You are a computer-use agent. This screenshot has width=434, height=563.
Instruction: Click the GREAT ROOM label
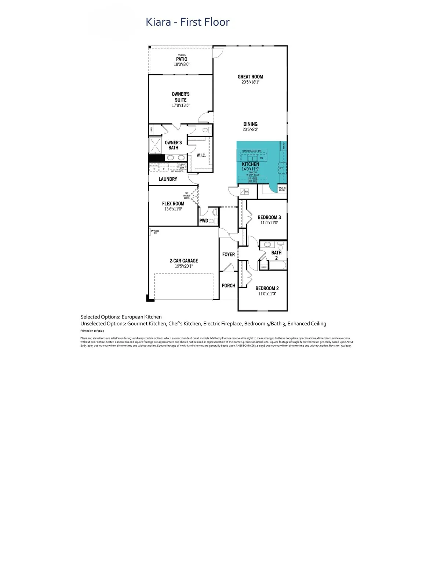(x=250, y=77)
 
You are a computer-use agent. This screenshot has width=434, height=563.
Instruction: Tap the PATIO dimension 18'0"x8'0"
(x=182, y=64)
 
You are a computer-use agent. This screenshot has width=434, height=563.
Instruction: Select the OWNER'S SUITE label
(x=180, y=97)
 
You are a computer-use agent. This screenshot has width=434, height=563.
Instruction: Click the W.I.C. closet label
(x=201, y=155)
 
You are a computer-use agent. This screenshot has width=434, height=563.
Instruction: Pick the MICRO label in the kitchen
(x=284, y=146)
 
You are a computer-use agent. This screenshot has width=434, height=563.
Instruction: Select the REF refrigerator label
(x=281, y=169)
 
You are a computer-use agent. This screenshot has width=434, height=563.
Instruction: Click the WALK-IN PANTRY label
(x=282, y=189)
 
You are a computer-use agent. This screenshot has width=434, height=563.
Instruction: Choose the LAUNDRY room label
(x=168, y=179)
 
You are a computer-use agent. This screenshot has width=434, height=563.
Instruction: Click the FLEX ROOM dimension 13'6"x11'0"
(x=173, y=209)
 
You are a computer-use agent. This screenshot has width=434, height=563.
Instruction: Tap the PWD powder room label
(x=204, y=221)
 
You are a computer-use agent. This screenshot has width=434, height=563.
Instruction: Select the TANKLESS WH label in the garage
(x=155, y=232)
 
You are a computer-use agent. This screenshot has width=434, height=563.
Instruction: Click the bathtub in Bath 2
(x=277, y=265)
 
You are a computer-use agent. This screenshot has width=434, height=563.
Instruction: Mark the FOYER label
(x=229, y=254)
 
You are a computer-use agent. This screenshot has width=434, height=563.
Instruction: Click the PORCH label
(x=229, y=286)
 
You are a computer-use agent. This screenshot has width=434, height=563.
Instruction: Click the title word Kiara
(x=158, y=22)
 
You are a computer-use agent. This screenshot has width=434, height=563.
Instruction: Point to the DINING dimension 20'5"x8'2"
(x=250, y=129)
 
